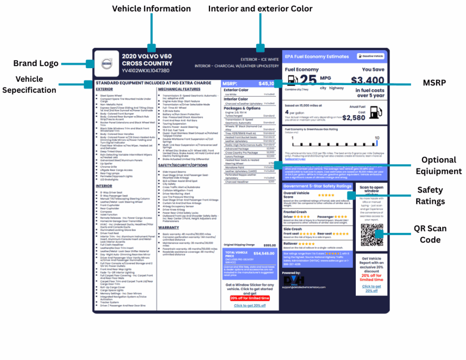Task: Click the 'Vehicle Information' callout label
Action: click(152, 9)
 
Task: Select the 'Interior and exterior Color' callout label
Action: click(260, 9)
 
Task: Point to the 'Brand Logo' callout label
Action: click(35, 63)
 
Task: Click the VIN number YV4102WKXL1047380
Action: click(146, 71)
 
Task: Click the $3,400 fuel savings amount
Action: click(368, 81)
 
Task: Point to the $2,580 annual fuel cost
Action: click(354, 118)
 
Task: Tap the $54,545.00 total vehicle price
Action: click(264, 253)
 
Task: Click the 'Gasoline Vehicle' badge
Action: click(370, 56)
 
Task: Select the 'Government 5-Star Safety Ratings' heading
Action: click(317, 186)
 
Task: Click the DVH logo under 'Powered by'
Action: click(294, 280)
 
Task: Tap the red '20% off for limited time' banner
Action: click(249, 298)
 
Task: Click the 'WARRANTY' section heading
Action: click(168, 228)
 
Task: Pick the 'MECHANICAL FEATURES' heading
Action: click(179, 90)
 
